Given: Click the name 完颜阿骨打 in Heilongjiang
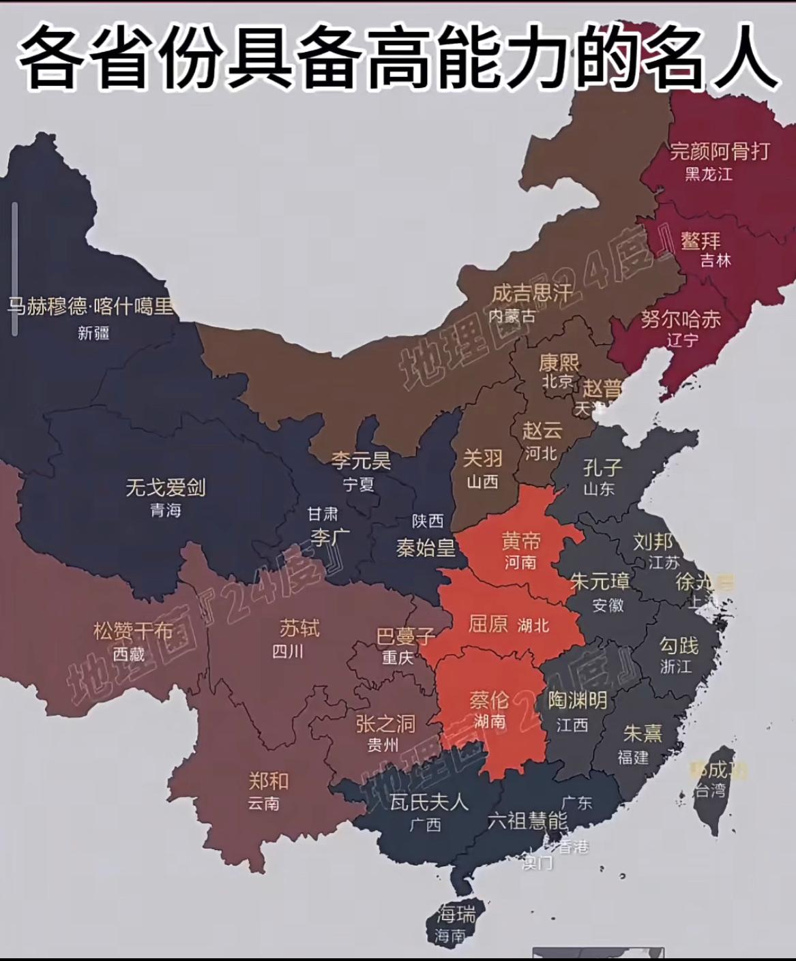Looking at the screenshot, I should [x=720, y=151].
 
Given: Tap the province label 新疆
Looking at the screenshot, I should [x=93, y=333].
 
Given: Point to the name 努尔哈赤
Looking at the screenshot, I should [x=680, y=318].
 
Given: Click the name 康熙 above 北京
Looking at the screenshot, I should [x=559, y=362].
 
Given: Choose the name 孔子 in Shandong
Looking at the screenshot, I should [x=602, y=468].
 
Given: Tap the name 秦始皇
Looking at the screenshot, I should [x=426, y=547].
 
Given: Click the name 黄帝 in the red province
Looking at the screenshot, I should [x=521, y=540].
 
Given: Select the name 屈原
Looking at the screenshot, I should [x=488, y=624].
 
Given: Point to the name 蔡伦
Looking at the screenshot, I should [x=489, y=699].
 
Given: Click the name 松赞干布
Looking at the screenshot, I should [x=133, y=631].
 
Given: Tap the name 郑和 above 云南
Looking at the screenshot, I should [x=268, y=781].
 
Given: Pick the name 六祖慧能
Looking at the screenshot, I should [x=527, y=821].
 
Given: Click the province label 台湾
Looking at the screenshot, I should [x=710, y=791].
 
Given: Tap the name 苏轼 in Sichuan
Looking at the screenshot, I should [x=299, y=628].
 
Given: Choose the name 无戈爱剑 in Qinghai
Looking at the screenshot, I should [x=166, y=487].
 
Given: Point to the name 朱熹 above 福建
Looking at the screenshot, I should [x=643, y=733].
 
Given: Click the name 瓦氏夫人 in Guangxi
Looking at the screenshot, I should [x=429, y=802].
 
